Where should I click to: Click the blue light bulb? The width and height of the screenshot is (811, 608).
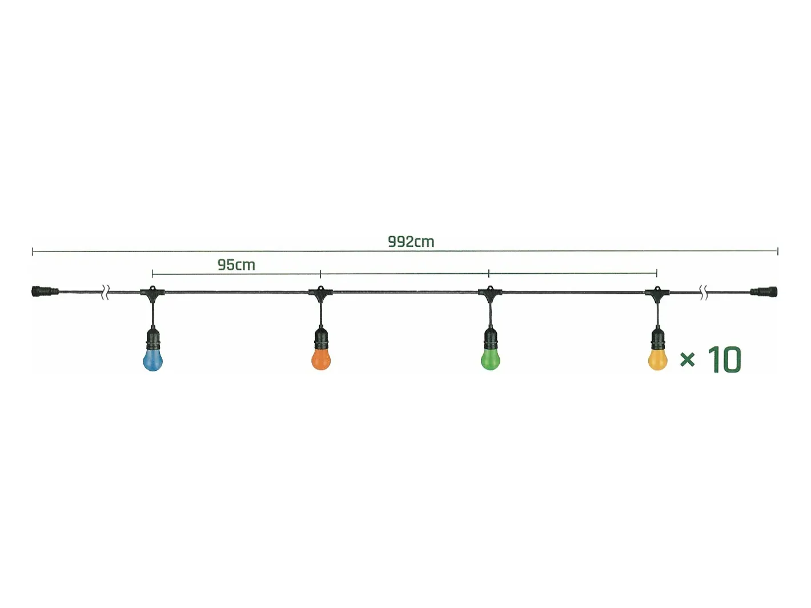tap(153, 359)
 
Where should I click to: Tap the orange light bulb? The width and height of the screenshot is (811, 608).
tap(321, 359)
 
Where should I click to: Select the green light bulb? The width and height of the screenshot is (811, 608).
tap(490, 359)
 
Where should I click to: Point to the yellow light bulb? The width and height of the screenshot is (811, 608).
tap(658, 359)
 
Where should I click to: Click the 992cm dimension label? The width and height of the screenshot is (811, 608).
tap(411, 242)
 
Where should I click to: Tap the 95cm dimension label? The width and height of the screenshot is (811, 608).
tap(236, 265)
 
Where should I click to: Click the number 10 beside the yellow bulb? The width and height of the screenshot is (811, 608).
tap(724, 359)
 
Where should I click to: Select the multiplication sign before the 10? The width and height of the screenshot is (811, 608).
tap(687, 359)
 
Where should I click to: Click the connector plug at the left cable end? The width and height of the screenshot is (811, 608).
tap(45, 291)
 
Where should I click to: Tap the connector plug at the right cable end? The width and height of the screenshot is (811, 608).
tap(764, 292)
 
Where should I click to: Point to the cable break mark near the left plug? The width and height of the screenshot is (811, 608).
tap(106, 292)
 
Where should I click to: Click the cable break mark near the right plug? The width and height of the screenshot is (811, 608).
tap(704, 292)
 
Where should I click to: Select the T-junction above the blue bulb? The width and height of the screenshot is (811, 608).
tap(152, 292)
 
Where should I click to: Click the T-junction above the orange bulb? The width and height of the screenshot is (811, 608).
tap(321, 292)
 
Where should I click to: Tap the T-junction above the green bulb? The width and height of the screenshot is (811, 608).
tap(490, 292)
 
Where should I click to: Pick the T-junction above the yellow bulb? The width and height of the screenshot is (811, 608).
tap(657, 292)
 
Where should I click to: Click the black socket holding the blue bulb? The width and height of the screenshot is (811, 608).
tap(153, 338)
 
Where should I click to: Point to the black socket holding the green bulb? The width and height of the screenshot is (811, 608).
tap(490, 338)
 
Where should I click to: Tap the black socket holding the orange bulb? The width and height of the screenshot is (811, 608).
tap(321, 338)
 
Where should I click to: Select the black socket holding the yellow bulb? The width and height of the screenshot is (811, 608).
tap(658, 338)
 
